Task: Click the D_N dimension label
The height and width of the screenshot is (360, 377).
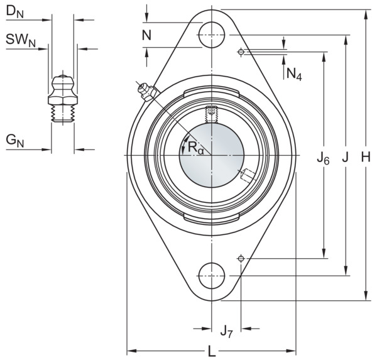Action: click(x=14, y=11)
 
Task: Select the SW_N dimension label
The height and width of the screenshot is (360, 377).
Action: click(x=21, y=40)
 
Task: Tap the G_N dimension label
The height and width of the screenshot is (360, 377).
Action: click(x=15, y=141)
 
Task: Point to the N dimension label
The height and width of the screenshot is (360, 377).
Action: click(x=146, y=35)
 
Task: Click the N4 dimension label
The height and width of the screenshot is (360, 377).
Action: click(x=294, y=74)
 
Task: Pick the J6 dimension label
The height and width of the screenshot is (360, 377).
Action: click(x=323, y=159)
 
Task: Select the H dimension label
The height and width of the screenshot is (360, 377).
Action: click(x=366, y=158)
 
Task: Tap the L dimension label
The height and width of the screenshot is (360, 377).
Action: click(x=212, y=352)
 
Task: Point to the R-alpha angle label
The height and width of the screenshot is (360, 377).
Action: click(x=195, y=147)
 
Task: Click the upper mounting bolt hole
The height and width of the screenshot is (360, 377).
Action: click(x=212, y=35)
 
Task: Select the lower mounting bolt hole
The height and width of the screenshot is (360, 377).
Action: click(x=212, y=276)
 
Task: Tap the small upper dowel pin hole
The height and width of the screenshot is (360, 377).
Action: click(x=241, y=52)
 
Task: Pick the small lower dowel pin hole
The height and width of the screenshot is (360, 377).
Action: click(x=241, y=258)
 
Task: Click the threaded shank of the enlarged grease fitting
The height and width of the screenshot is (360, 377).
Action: click(x=63, y=113)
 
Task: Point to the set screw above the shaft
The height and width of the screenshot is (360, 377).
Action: click(x=211, y=114)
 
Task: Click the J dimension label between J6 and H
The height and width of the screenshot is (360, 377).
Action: click(x=345, y=158)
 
